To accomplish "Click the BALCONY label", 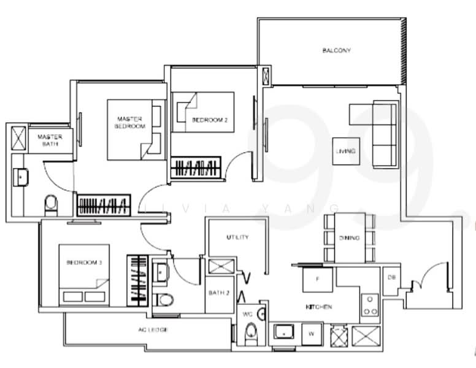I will [x=336, y=50].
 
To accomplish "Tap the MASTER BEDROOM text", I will [x=130, y=122].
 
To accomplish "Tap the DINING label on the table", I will [x=349, y=238].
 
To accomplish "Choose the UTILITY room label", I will [x=237, y=237].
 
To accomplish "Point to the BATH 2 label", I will [x=218, y=293].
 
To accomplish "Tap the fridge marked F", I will [x=318, y=278].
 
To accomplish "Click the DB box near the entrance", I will [x=391, y=278].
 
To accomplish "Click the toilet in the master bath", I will [x=50, y=204].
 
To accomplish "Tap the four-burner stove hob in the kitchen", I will [x=370, y=305].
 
